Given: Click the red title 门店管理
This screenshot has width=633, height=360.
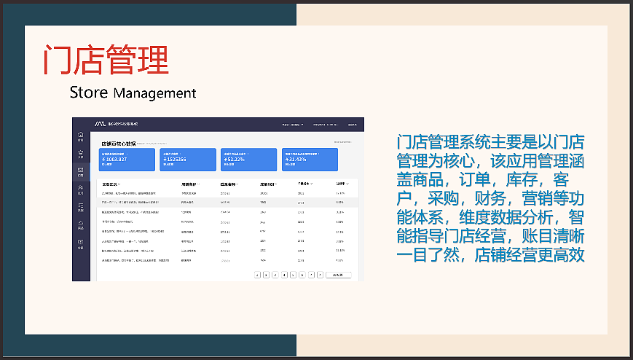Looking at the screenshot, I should tap(106, 60).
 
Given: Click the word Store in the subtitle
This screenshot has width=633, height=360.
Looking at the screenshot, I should tap(89, 93).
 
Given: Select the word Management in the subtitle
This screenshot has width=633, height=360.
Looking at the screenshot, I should tap(154, 93).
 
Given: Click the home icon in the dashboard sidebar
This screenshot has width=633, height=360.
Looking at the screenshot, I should tap(81, 136).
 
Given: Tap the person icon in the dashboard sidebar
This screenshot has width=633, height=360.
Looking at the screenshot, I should tap(81, 189).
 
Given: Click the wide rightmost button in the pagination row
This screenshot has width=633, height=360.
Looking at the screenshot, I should tap(338, 275).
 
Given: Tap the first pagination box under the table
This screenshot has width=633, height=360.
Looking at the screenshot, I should tap(258, 275).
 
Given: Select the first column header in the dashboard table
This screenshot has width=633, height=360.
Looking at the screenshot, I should tap(111, 184).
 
